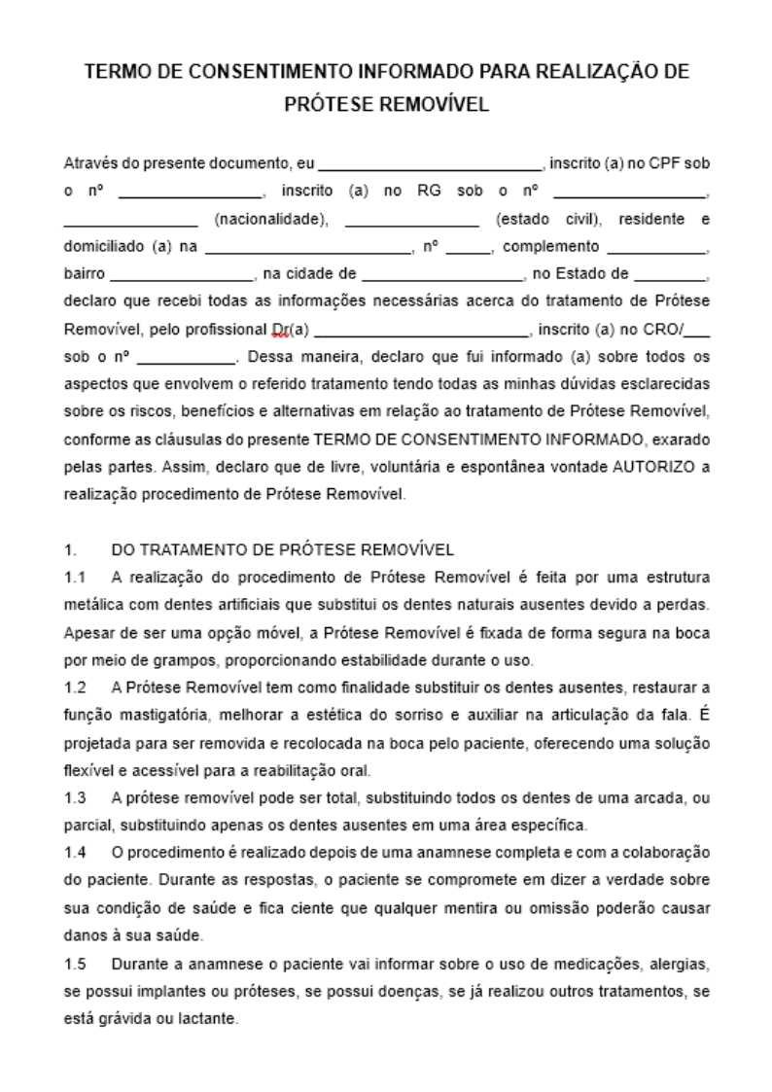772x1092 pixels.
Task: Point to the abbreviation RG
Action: [x=429, y=192]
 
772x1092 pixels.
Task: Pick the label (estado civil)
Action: [x=549, y=219]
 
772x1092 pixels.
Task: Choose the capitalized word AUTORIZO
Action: [x=653, y=466]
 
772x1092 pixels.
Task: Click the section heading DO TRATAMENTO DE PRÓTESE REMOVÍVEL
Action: [x=283, y=550]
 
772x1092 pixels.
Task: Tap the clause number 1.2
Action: [x=75, y=688]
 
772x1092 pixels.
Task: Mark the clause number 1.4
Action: [x=75, y=853]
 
